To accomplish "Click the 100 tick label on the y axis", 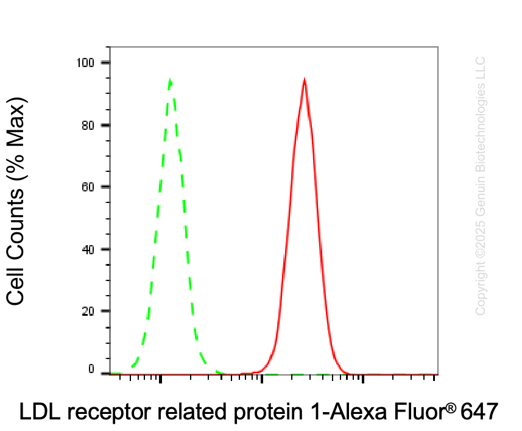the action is tap(85, 63).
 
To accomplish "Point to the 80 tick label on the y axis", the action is tap(88, 126).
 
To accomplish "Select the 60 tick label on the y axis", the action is tap(88, 187).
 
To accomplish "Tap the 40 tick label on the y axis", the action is tap(88, 249).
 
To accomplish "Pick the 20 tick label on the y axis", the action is tap(88, 311).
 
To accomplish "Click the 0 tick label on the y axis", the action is tap(91, 369).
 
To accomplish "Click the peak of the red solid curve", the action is tap(305, 79).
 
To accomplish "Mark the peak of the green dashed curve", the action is tap(170, 79).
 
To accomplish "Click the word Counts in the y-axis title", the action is tap(15, 224).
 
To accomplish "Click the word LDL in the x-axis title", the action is tap(40, 411).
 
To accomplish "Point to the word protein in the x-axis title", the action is tap(268, 412).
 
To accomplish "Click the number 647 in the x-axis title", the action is tap(479, 411).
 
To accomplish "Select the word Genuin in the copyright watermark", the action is tap(480, 195).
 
